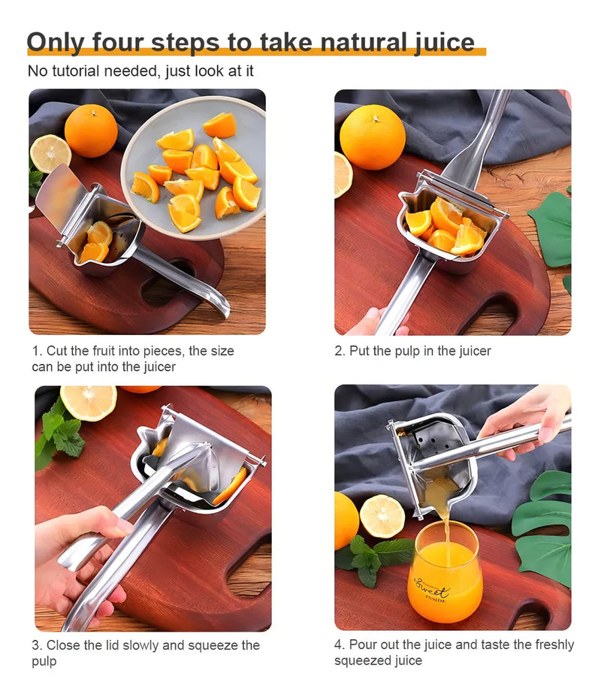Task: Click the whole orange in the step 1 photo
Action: [x=91, y=131]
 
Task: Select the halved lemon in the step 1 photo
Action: [x=50, y=153]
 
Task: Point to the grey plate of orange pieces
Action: [x=193, y=167]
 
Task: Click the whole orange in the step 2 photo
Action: [x=373, y=137]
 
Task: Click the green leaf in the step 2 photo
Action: [x=551, y=228]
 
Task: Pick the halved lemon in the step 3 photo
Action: [x=89, y=403]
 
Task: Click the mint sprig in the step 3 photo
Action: [x=60, y=433]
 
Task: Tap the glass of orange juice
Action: [x=445, y=572]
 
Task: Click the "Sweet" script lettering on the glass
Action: [x=431, y=588]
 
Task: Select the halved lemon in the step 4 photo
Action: [x=382, y=517]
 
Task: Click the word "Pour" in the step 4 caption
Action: [x=362, y=644]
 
